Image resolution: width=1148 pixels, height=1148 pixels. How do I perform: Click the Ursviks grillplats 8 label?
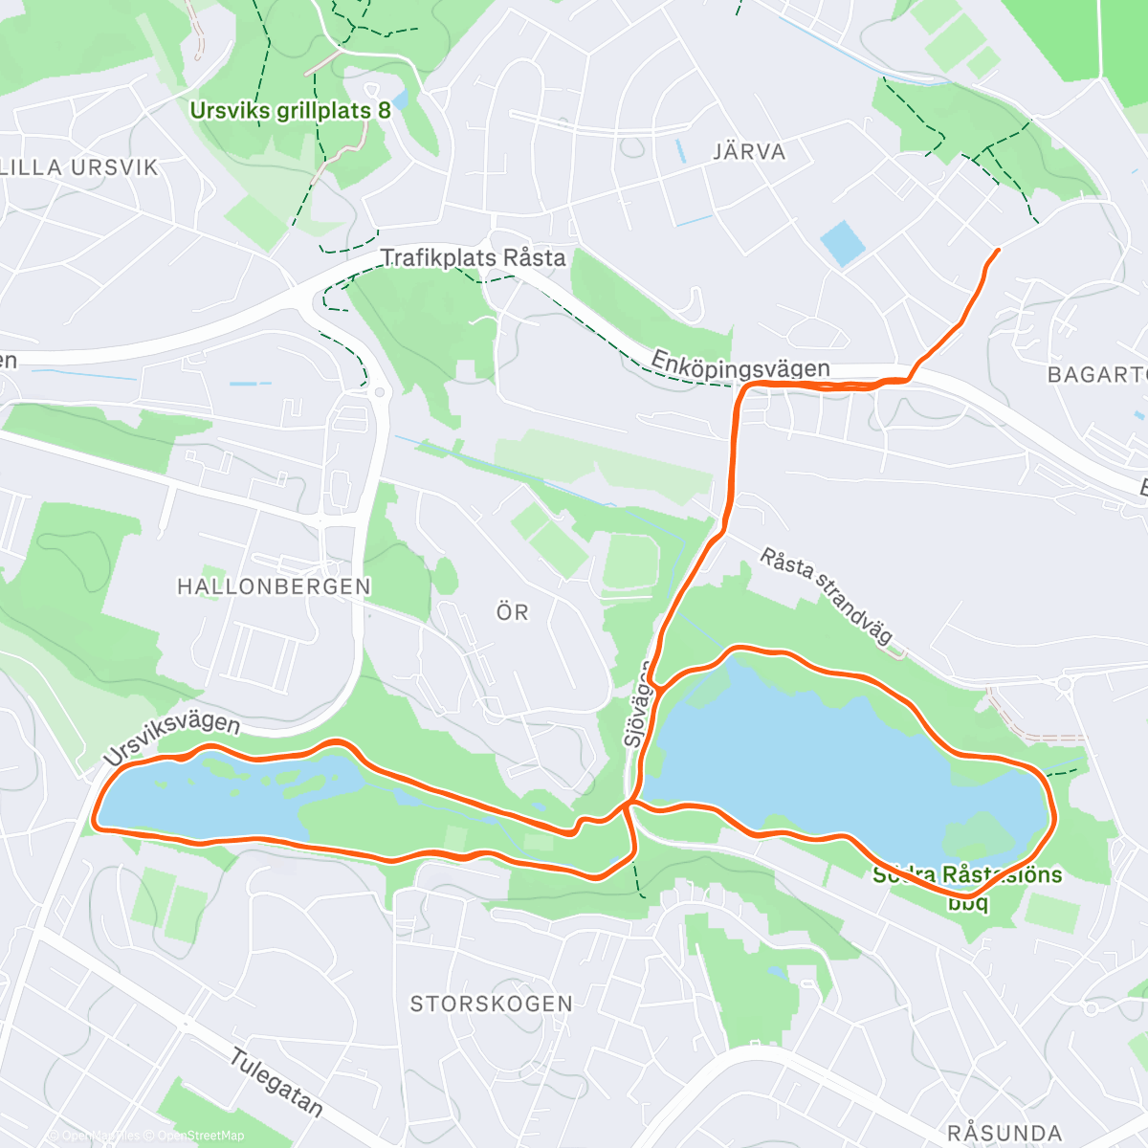coord(290,110)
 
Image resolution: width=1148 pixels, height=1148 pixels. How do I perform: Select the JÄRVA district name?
coord(749,151)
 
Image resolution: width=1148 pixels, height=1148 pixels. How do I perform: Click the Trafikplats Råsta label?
coord(474,258)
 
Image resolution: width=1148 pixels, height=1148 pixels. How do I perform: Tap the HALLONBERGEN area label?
coord(274,586)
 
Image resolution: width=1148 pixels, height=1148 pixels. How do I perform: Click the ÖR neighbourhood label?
coord(513,612)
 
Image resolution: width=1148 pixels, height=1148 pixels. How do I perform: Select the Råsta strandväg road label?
coord(828,594)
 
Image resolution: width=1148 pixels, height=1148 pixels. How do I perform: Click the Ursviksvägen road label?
coord(172,738)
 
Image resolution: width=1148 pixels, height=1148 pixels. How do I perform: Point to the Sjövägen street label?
coord(637,703)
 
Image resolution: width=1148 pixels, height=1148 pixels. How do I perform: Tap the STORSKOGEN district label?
coord(491,1004)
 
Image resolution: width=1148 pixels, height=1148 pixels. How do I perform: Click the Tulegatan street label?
coord(276,1081)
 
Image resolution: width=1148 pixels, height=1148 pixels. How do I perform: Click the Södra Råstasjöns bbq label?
coord(966,887)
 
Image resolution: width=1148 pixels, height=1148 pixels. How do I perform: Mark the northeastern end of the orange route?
coord(998,250)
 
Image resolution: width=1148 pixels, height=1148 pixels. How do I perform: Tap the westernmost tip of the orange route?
coord(95,820)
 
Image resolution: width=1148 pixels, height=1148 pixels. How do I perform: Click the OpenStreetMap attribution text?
coord(200,1136)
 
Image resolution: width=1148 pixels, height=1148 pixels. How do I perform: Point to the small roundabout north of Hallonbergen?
coord(380,392)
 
